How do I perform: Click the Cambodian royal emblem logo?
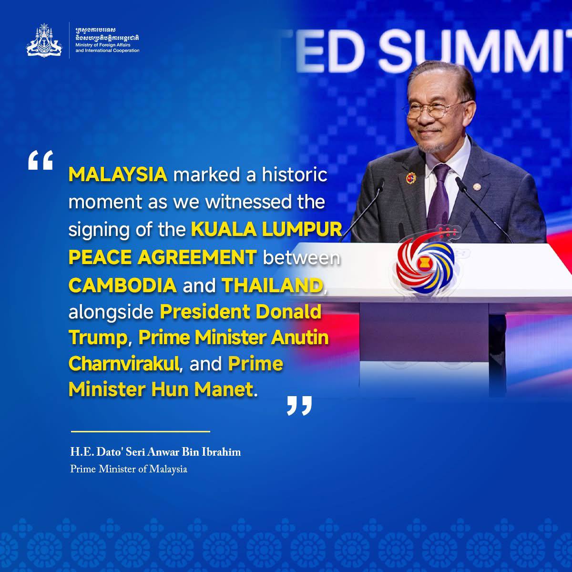44,40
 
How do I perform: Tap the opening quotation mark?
41,160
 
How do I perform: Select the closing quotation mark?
299,405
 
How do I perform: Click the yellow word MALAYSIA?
118,174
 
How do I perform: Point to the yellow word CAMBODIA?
123,285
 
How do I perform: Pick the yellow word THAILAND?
273,285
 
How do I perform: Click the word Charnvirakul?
124,363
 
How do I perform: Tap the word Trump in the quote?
98,338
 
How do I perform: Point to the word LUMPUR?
302,229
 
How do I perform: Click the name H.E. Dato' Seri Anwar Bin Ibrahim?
155,452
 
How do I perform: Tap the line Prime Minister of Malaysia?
129,470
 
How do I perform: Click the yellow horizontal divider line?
141,431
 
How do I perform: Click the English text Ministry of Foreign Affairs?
102,45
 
